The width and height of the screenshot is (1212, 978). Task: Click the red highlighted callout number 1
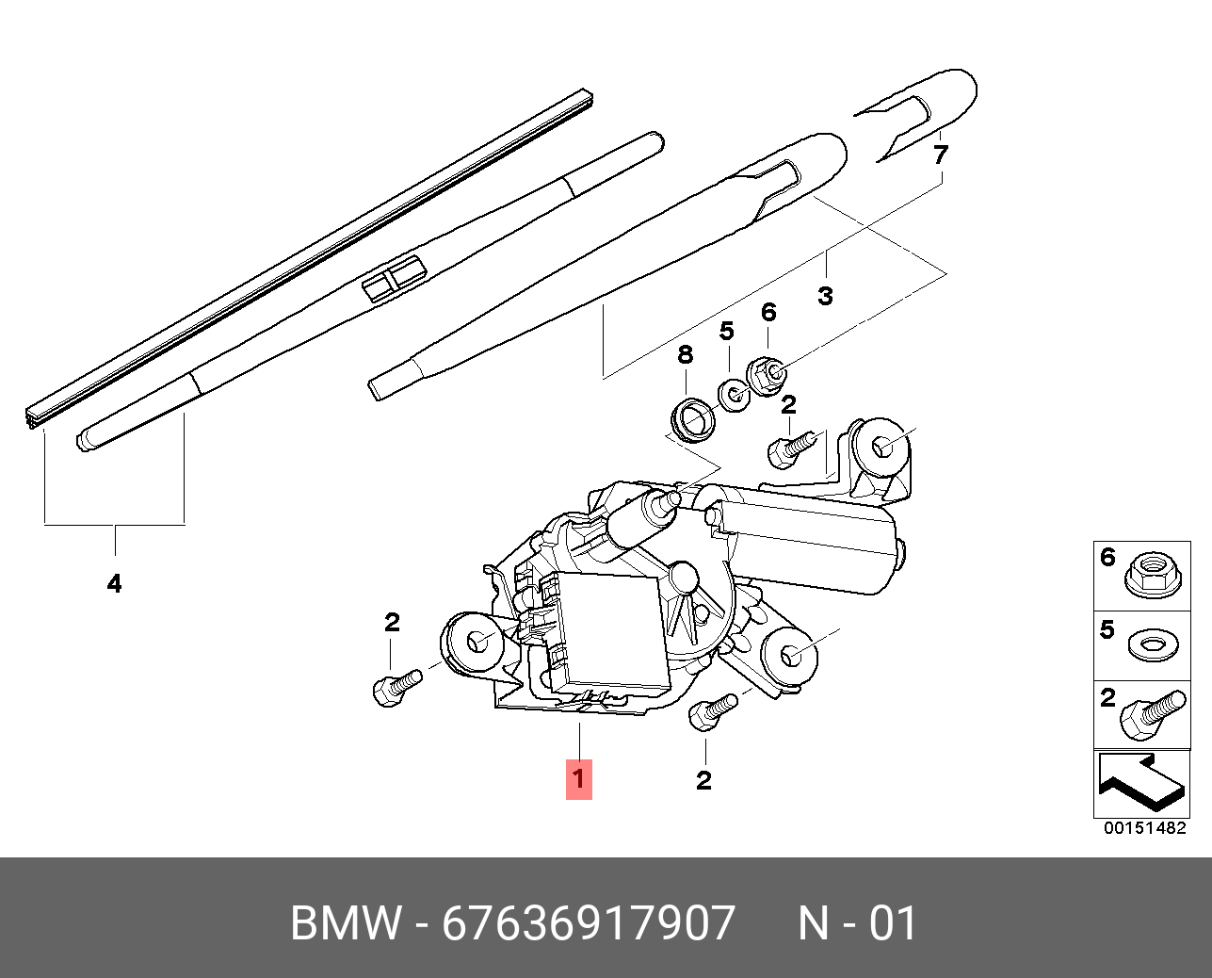pos(579,779)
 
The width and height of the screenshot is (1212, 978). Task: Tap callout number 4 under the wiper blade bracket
pos(114,584)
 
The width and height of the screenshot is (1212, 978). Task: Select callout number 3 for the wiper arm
pos(825,296)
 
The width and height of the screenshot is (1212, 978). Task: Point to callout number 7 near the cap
pos(940,155)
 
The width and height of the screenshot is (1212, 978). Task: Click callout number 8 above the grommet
pos(685,355)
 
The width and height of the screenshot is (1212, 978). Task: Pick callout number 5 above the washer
pos(726,332)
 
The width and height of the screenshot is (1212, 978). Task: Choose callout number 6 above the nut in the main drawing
pos(768,313)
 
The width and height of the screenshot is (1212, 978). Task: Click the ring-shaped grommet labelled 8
pos(693,417)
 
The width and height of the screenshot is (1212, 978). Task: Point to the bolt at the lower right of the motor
pos(712,711)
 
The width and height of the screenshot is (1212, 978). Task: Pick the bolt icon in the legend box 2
pos(1151,715)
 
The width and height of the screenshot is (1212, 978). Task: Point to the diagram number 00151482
pos(1145,828)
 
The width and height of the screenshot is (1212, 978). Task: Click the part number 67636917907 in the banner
pos(589,923)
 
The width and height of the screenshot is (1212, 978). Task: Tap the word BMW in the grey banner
pos(345,923)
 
